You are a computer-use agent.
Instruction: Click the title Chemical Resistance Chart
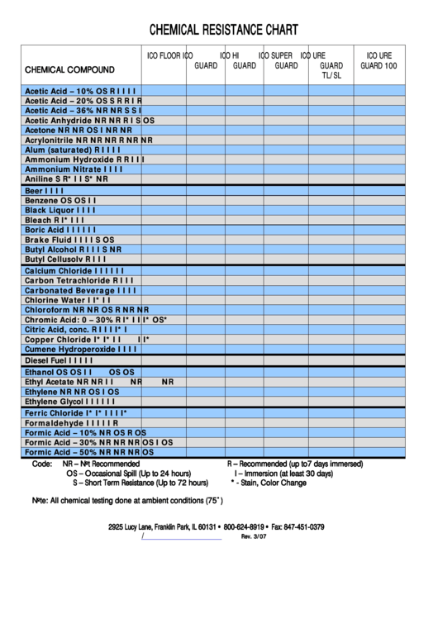tap(223, 31)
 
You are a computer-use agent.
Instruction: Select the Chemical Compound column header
tap(69, 69)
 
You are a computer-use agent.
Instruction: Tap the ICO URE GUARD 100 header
tap(378, 60)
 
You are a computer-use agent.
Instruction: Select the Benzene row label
tap(41, 201)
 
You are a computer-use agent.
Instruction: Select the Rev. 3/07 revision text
tap(254, 537)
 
